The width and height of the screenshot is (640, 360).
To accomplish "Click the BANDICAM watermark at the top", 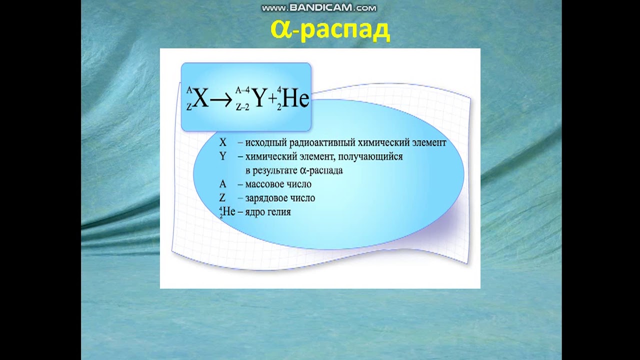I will (319, 7).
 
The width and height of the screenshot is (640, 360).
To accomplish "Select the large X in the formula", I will (200, 99).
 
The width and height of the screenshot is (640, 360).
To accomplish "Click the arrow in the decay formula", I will (221, 100).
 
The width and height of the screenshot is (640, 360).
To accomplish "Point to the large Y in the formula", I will (258, 99).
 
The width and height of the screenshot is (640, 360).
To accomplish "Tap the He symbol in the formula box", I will (295, 99).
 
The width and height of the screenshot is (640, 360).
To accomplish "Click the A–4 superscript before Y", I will (242, 90).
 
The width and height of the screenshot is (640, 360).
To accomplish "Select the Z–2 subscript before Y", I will (242, 107).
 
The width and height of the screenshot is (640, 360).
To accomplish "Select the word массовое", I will (263, 184).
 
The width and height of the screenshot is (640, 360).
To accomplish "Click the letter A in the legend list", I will (222, 184).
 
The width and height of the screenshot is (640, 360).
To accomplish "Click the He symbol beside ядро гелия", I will (228, 211).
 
